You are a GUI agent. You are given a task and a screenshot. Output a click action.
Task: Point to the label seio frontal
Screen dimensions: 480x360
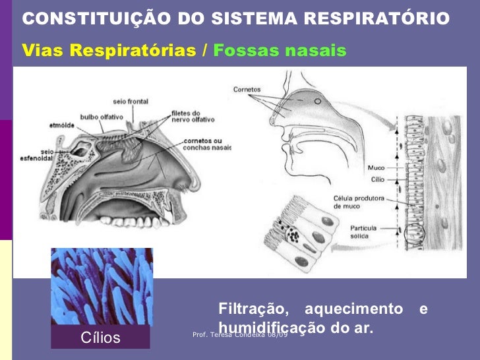point(131,102)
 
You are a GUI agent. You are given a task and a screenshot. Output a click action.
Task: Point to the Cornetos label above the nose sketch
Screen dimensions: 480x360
point(247,88)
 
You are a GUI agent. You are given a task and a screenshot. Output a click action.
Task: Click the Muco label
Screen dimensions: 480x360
point(375,167)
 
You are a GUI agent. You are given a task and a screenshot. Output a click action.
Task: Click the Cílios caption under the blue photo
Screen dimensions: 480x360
point(100,338)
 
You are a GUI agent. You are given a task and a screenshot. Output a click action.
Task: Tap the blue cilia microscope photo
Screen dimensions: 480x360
point(102,287)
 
